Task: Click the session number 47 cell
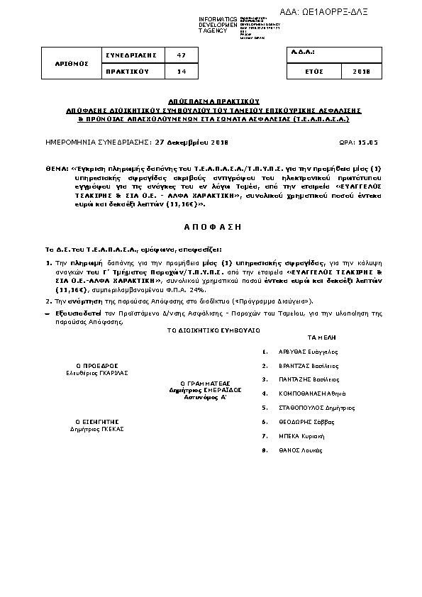click(181, 55)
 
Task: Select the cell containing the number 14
click(181, 72)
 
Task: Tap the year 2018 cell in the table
click(361, 72)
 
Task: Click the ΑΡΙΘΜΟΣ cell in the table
click(72, 63)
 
